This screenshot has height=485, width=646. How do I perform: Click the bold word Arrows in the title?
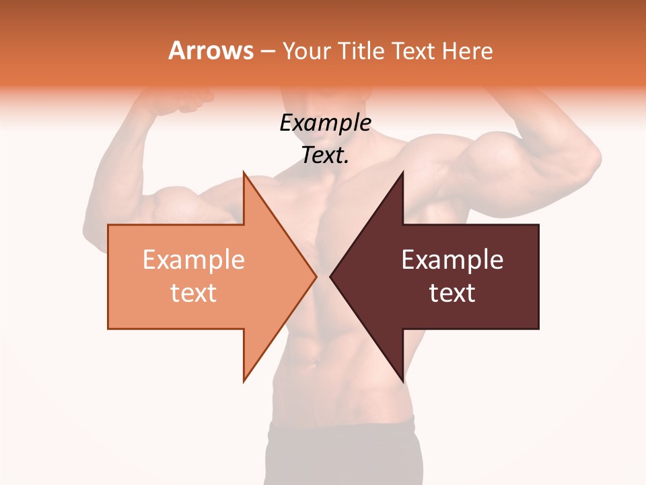pos(211,51)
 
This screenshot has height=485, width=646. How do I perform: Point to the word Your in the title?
pos(306,51)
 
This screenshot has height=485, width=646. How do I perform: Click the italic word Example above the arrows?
pos(325,123)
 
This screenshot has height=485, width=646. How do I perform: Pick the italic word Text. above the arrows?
pos(325,156)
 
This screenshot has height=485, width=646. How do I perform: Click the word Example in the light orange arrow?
pos(193,260)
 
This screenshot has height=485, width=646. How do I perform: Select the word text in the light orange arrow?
pos(193,293)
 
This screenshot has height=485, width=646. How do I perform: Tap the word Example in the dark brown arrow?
pos(452,260)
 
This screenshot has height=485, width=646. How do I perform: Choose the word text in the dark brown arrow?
pos(452,293)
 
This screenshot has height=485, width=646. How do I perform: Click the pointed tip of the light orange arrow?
pos(315,276)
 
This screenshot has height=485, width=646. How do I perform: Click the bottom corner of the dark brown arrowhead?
pos(402,381)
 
